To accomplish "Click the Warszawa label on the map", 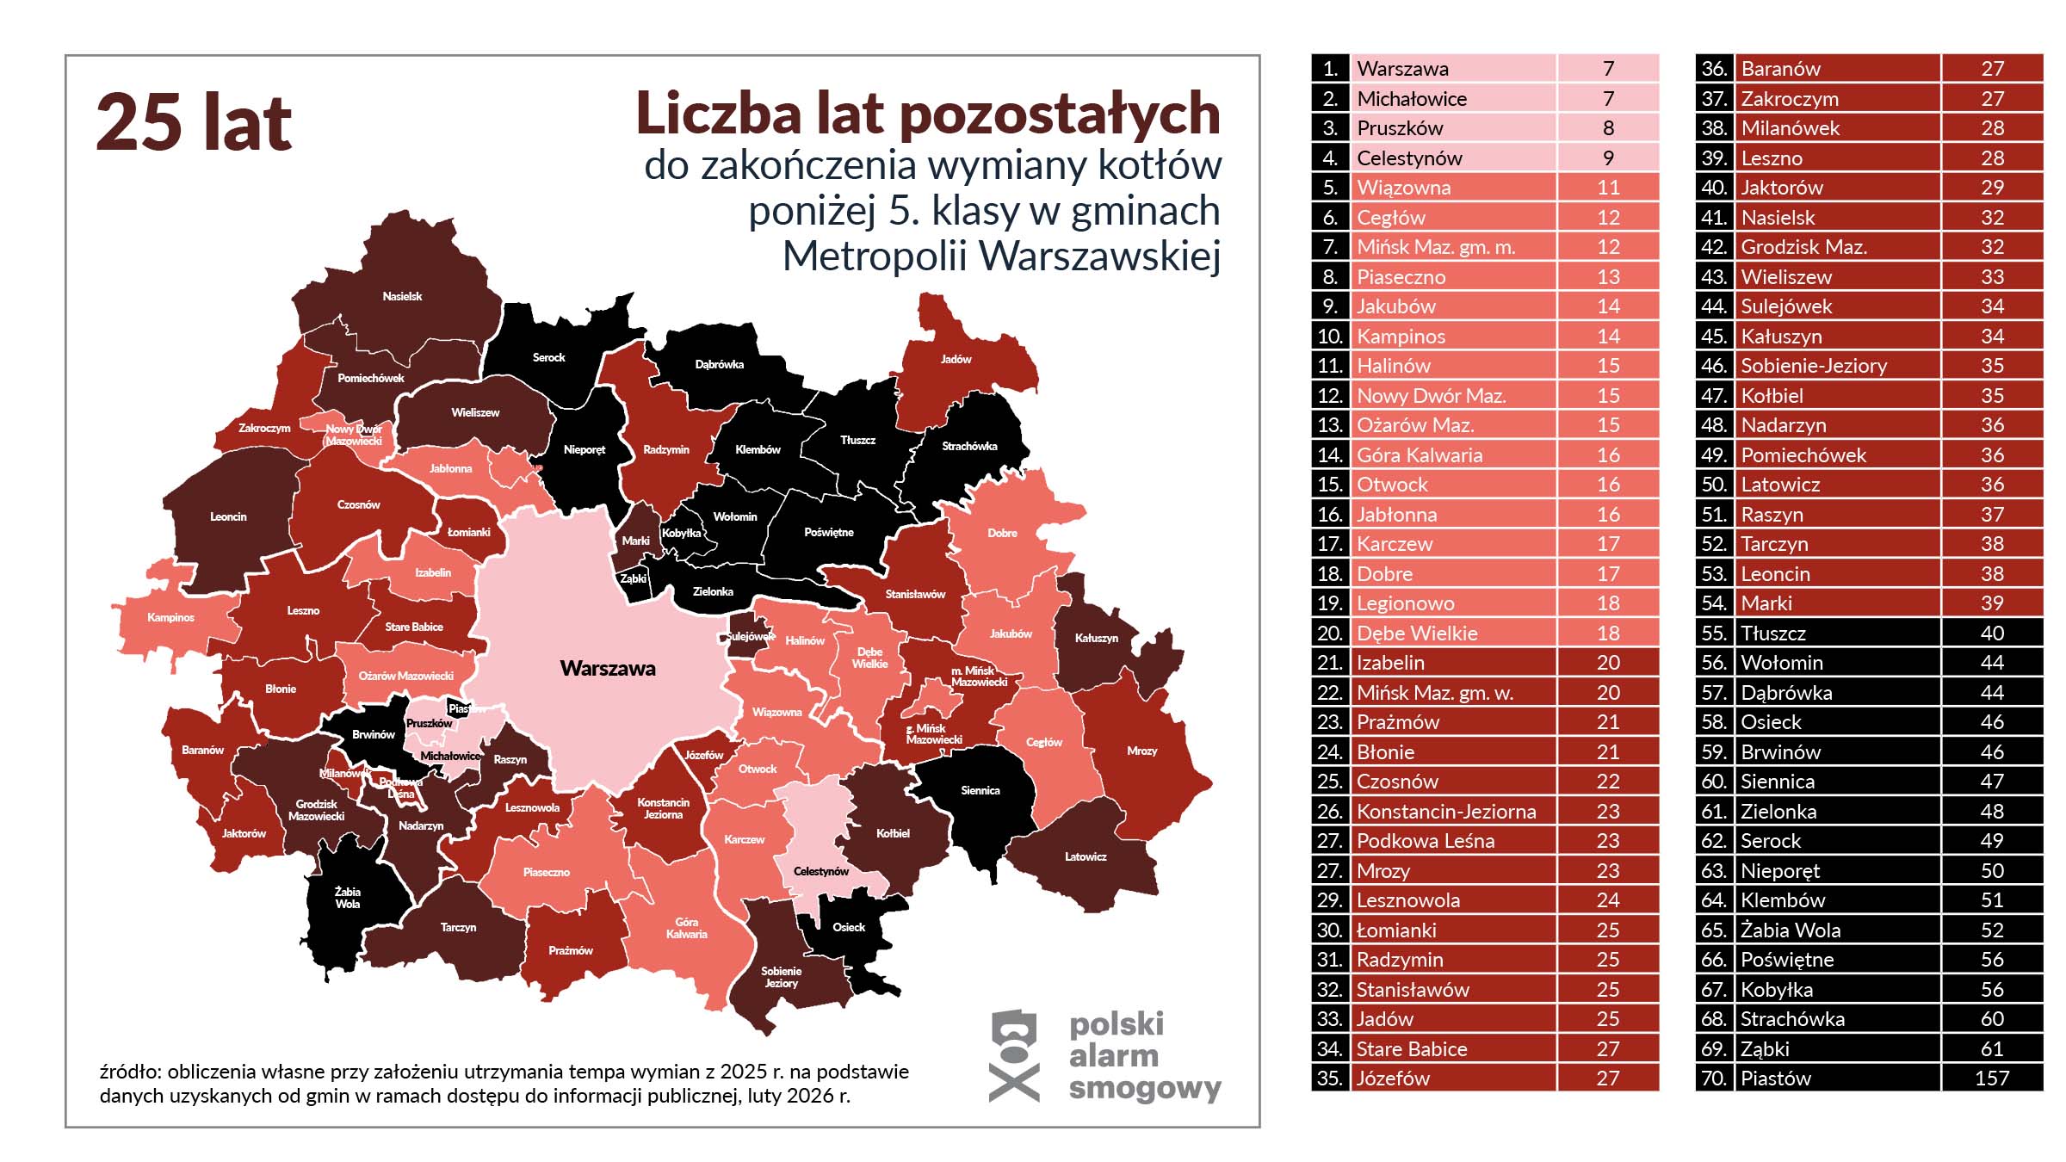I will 608,668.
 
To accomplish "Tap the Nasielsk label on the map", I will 402,296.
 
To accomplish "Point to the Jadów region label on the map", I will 956,359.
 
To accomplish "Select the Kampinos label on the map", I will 170,617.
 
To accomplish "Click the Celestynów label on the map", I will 820,871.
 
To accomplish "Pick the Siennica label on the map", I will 980,790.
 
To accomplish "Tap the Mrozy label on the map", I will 1141,751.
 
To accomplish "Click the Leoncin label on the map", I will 228,516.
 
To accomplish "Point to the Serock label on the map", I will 548,357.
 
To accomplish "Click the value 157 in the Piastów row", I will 1991,1078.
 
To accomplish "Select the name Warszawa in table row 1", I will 1402,68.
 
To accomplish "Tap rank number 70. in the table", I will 1714,1078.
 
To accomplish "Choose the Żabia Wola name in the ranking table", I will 1791,930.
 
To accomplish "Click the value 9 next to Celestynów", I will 1608,158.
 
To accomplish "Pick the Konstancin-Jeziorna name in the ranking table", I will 1446,811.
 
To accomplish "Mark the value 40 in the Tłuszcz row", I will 1991,633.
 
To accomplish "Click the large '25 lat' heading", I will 194,122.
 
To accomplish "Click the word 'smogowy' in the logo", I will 1144,1089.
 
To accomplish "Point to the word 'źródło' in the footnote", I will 128,1072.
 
